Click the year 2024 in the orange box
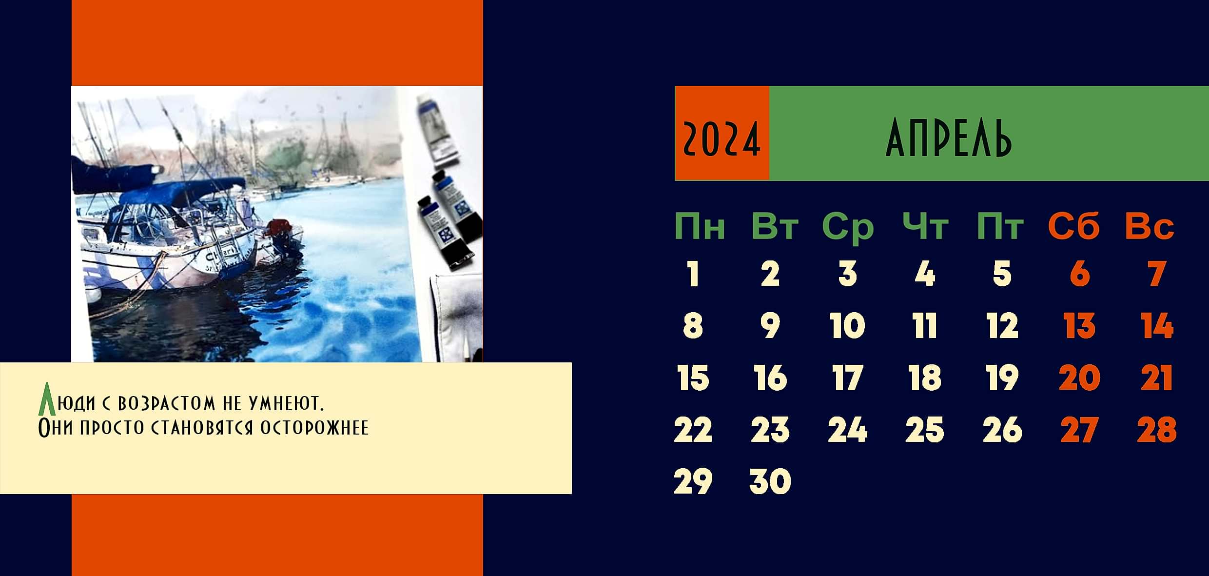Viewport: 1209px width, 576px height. coord(721,139)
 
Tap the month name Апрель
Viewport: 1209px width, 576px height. coord(948,139)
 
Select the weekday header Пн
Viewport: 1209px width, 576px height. coord(700,226)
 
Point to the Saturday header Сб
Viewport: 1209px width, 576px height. coord(1073,226)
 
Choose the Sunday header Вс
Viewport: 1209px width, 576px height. coord(1150,226)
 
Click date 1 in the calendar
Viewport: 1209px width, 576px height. coord(693,274)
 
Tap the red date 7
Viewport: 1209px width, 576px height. coord(1157,274)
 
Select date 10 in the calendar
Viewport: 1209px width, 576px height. coord(847,326)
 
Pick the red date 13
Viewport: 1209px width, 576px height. coord(1079,326)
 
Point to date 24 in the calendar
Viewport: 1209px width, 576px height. coord(847,430)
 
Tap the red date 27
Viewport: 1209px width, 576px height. coord(1079,430)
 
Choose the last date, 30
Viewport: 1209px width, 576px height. coord(770,481)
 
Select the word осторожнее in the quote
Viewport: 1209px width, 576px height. coord(314,428)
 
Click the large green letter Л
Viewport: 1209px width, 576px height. coord(46,399)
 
